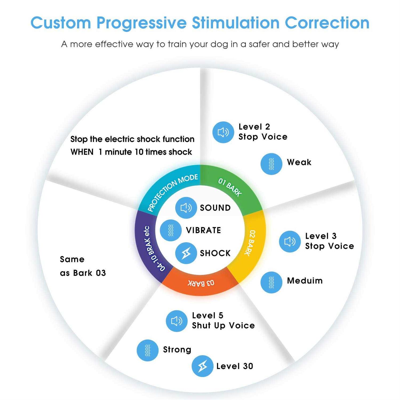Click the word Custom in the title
(x=61, y=23)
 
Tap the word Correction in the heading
(x=327, y=23)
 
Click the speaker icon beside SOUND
(x=186, y=208)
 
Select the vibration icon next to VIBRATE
(x=171, y=230)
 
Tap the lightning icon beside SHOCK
(x=186, y=253)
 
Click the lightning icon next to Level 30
(x=202, y=366)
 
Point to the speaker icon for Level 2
(x=223, y=132)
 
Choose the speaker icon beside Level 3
(x=290, y=241)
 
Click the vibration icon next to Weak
(x=271, y=164)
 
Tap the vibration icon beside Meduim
(x=271, y=282)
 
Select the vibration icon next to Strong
(x=147, y=350)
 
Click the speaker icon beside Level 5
(x=177, y=321)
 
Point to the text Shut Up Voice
(x=223, y=326)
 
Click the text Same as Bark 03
(x=83, y=266)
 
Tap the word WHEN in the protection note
(x=82, y=152)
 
